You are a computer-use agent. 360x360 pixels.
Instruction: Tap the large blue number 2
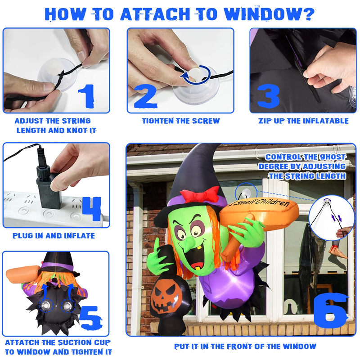(x=146, y=96)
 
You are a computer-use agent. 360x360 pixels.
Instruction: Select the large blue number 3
(x=268, y=96)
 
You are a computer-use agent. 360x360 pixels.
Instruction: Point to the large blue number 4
(x=91, y=208)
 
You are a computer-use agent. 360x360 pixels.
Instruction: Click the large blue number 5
(x=90, y=318)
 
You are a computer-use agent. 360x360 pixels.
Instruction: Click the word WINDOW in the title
(x=269, y=14)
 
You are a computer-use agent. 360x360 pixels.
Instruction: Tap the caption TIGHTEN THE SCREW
(x=181, y=121)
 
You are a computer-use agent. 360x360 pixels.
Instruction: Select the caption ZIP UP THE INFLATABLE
(x=303, y=121)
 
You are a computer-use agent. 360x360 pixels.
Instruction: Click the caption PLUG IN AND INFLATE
(x=54, y=236)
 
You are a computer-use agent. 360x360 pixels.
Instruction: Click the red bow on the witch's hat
(x=200, y=195)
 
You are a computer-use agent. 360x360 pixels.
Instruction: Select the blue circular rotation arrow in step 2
(x=195, y=75)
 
